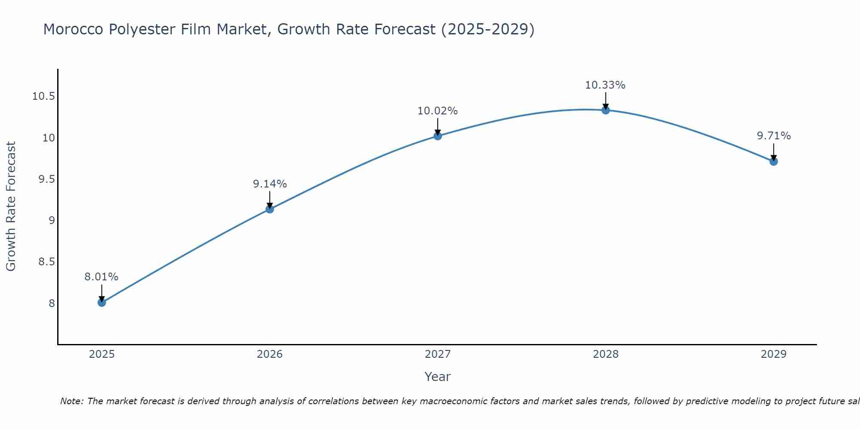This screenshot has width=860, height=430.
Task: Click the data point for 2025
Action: click(101, 302)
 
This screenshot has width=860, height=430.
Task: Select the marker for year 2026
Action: click(270, 209)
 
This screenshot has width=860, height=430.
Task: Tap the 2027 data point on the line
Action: click(438, 136)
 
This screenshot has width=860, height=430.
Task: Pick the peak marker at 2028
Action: click(605, 110)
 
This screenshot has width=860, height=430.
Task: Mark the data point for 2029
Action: click(774, 161)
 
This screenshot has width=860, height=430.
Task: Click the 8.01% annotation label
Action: click(101, 277)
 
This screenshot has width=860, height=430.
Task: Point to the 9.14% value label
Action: click(270, 184)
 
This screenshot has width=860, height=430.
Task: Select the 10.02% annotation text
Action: click(438, 111)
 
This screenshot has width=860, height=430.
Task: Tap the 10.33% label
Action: click(605, 85)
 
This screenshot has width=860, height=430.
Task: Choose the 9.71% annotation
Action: click(774, 136)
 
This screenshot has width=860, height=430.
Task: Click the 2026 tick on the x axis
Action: click(270, 354)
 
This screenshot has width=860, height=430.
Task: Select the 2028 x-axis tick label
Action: click(605, 354)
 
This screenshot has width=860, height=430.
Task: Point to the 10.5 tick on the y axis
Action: click(43, 96)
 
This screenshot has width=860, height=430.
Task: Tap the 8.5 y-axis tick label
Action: click(46, 262)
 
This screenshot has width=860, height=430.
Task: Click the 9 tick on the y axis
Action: click(52, 221)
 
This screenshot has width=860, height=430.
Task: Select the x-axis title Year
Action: click(438, 377)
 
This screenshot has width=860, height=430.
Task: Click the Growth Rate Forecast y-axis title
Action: click(11, 206)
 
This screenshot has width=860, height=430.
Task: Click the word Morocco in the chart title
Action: click(72, 30)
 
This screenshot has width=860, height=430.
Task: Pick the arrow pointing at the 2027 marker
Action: click(438, 126)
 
